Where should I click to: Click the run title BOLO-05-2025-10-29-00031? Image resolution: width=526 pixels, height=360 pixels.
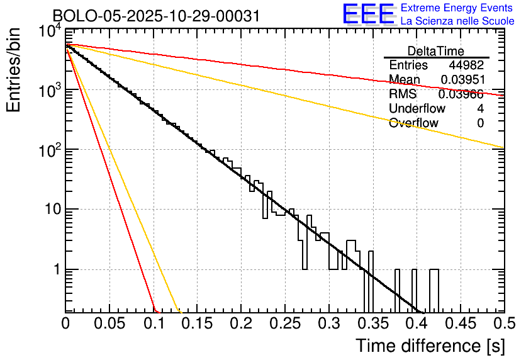(x=155, y=16)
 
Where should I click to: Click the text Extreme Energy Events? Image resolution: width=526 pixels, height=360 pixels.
(x=457, y=8)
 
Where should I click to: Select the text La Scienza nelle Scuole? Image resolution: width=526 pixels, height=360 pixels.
(x=457, y=21)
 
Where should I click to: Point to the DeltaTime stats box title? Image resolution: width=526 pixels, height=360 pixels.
(x=436, y=51)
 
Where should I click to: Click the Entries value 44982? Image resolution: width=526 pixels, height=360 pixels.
(x=466, y=65)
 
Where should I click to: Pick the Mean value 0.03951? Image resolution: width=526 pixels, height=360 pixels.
(x=462, y=80)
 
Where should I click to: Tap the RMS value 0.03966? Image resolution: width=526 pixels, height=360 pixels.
(x=461, y=94)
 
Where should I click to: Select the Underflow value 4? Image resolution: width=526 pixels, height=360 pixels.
(x=480, y=108)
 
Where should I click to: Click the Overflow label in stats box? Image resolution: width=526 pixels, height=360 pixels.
(x=413, y=123)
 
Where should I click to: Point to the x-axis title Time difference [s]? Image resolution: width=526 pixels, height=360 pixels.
(x=430, y=346)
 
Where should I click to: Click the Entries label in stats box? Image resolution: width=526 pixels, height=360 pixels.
(x=408, y=65)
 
